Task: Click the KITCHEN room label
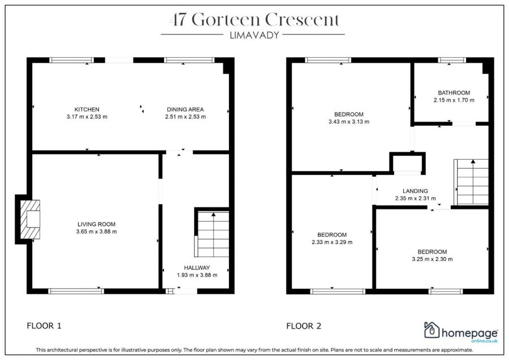tap(87, 109)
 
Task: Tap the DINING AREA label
tap(185, 109)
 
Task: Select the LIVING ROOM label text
tap(96, 224)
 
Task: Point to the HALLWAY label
tap(197, 268)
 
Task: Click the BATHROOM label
tap(454, 93)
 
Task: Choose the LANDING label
tap(415, 191)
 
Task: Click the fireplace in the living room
tap(31, 220)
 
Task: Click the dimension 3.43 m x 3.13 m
tap(348, 122)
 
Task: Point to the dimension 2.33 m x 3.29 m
tap(332, 242)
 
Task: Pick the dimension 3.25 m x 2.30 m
tap(432, 259)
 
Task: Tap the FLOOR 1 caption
tap(44, 325)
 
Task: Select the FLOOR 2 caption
tap(304, 325)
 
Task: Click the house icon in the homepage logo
tap(432, 330)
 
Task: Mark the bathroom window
tap(452, 60)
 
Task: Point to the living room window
tap(75, 291)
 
